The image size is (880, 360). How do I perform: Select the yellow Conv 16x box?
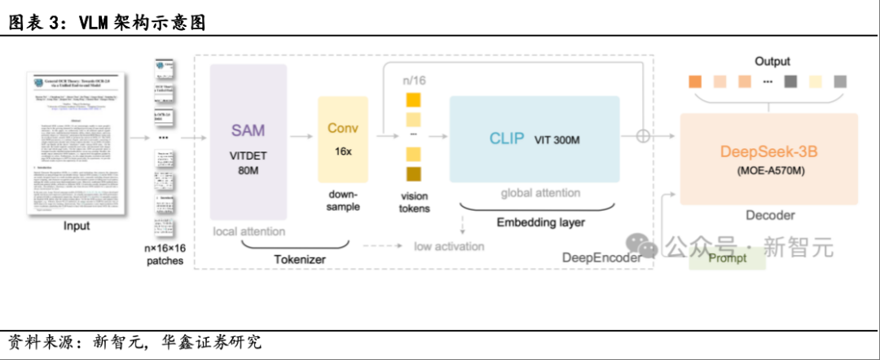pos(343,139)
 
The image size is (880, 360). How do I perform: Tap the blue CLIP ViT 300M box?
pos(534,138)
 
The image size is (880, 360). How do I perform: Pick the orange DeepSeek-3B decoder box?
pos(768,159)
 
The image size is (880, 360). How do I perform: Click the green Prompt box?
pos(727,258)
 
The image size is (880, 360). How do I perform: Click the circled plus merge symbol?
pos(644,136)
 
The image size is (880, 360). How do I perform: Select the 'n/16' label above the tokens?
pos(415,81)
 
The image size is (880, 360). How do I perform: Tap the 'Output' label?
pos(772,62)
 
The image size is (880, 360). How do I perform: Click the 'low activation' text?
pos(448,246)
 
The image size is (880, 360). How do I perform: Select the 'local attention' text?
pos(249,231)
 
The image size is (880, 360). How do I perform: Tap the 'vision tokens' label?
pos(415,202)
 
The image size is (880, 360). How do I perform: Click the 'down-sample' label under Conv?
pos(342,200)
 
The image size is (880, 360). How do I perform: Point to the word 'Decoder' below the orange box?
pos(770,215)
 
